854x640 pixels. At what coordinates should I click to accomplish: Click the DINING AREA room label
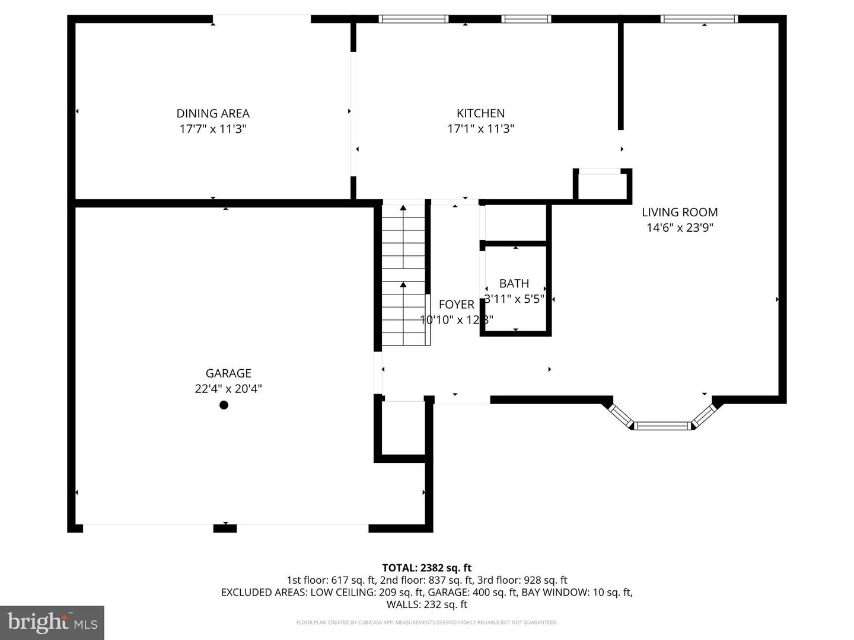213,113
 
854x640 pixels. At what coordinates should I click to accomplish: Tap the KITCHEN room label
480,113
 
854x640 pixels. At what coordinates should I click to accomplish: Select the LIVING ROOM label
680,212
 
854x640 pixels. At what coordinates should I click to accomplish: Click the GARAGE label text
228,373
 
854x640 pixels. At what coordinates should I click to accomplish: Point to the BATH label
514,284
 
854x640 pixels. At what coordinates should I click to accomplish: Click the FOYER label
456,305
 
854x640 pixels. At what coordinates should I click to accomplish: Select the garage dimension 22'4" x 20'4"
228,389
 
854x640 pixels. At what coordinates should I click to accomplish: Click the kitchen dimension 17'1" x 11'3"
480,129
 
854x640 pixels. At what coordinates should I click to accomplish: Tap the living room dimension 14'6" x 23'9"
680,228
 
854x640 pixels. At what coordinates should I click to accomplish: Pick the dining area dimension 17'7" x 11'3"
213,129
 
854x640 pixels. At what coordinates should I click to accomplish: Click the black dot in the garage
224,405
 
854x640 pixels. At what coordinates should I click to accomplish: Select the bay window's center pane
662,425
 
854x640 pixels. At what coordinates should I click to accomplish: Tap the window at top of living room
699,19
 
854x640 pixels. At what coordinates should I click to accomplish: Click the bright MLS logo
52,622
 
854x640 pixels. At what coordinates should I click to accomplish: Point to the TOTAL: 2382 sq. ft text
426,568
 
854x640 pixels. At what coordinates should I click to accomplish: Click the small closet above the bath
515,223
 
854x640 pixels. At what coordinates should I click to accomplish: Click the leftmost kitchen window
413,19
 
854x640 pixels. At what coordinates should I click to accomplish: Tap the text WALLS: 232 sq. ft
426,604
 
